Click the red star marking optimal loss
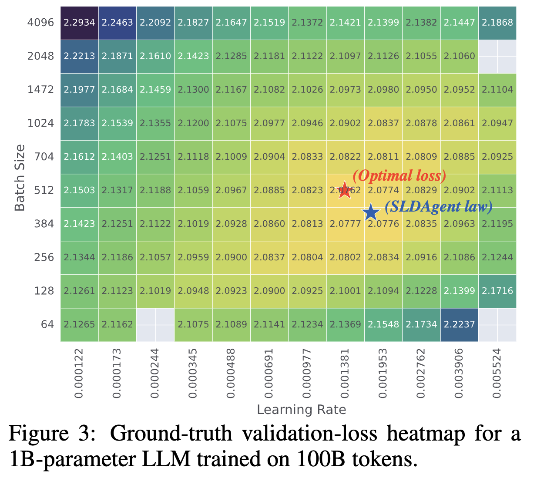point(344,190)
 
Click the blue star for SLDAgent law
point(370,212)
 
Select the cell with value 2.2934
point(79,23)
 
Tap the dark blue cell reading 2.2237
point(459,324)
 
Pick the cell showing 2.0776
point(383,224)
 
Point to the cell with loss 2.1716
point(497,291)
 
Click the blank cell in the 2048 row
point(497,56)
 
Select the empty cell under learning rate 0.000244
point(155,324)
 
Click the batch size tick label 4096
point(41,23)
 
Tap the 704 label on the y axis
point(44,157)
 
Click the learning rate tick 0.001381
point(345,373)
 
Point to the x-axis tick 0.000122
point(79,373)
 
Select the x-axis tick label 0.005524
point(497,373)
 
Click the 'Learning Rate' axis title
point(301,410)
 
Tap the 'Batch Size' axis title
point(20,178)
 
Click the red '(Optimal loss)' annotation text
point(399,175)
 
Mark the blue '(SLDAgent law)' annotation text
point(439,206)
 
